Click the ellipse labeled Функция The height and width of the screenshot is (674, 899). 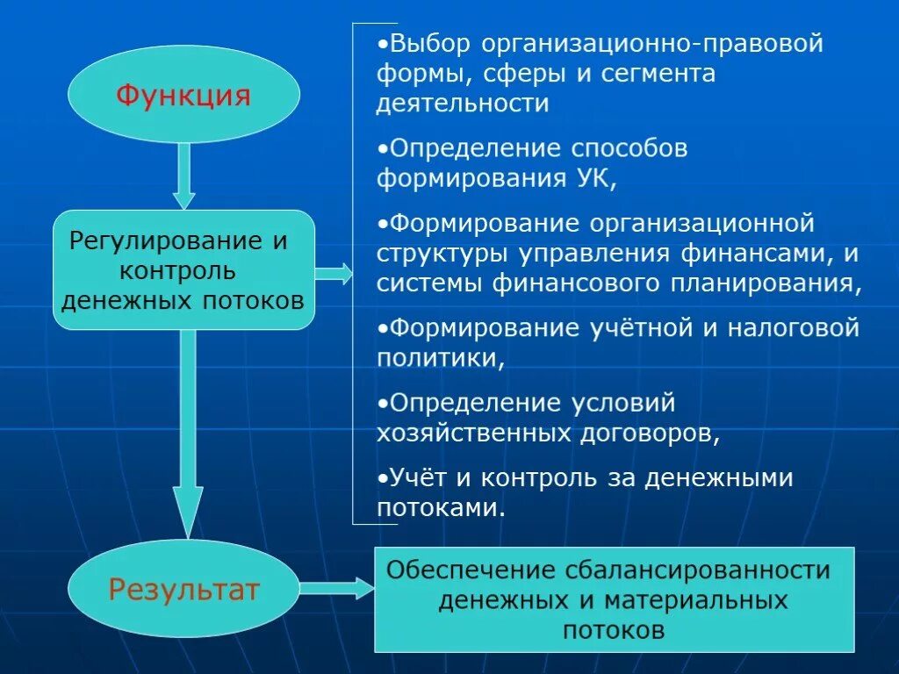pyautogui.click(x=183, y=94)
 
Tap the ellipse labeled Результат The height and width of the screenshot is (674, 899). pyautogui.click(x=183, y=589)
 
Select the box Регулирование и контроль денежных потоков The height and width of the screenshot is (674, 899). pyautogui.click(x=183, y=270)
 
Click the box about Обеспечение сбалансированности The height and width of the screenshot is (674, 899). pyautogui.click(x=614, y=599)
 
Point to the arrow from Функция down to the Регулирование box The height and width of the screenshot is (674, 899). pyautogui.click(x=183, y=176)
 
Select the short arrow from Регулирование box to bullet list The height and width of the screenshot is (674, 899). pyautogui.click(x=333, y=274)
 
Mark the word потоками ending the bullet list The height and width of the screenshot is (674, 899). pyautogui.click(x=440, y=507)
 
